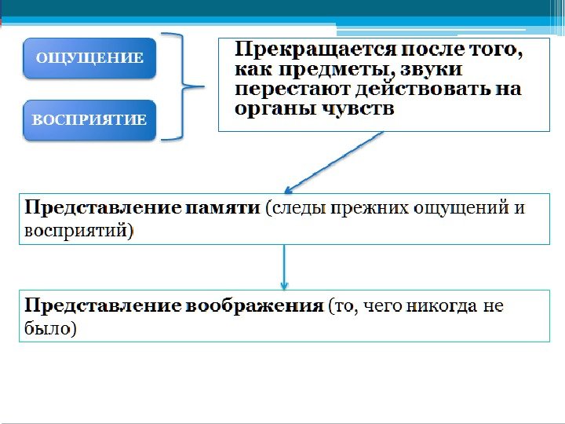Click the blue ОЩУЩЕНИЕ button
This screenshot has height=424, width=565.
point(89,58)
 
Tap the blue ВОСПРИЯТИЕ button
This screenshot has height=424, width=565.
point(89,120)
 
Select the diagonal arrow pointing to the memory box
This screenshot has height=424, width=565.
point(334,163)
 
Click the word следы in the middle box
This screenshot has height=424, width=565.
point(298,209)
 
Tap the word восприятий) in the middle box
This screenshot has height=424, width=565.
point(79,231)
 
